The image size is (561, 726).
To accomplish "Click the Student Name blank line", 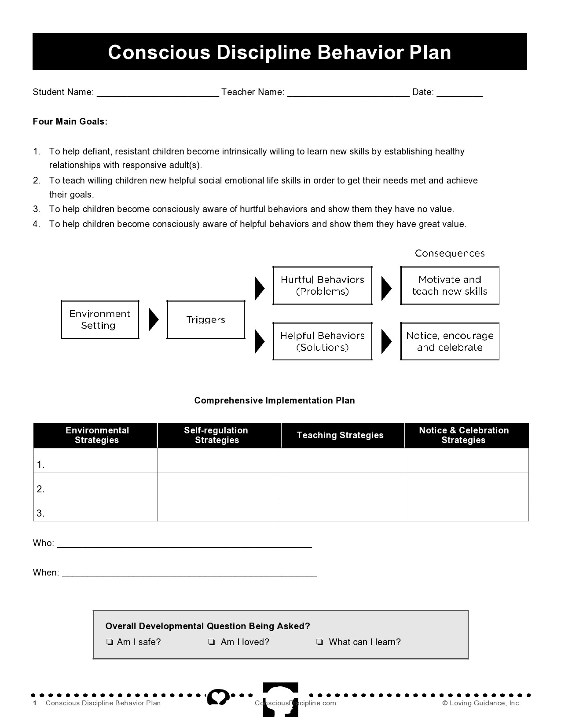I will [x=158, y=93].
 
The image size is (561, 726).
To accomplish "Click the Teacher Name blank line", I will [x=348, y=93].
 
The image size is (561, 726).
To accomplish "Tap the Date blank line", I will [x=459, y=93].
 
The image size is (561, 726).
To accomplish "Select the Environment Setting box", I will [x=100, y=320].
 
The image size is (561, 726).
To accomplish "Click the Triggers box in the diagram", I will [x=205, y=320].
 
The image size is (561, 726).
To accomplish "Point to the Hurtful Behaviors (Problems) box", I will [x=323, y=286].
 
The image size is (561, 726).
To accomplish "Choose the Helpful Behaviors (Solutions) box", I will [x=323, y=341].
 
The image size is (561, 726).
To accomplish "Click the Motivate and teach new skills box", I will [x=450, y=286].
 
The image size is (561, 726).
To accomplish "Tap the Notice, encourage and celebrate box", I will [x=450, y=341].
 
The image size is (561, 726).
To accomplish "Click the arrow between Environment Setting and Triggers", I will [x=153, y=320].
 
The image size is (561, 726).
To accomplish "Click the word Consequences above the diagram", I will [x=450, y=253].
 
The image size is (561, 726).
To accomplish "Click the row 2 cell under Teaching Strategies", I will [x=342, y=485].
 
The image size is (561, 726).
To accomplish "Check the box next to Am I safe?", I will [x=110, y=642].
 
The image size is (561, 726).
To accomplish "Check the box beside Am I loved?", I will [x=212, y=642].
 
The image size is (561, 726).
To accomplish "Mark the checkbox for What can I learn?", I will [x=319, y=642].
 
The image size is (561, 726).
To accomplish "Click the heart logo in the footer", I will [x=219, y=697].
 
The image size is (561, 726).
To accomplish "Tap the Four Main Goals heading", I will [x=70, y=122].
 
